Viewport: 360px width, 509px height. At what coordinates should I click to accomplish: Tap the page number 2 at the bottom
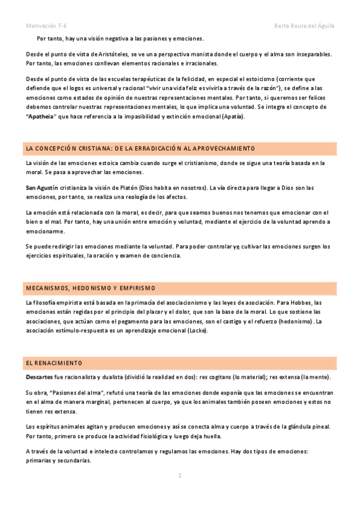(179, 475)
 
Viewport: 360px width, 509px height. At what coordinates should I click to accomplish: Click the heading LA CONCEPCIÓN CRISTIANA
(140, 148)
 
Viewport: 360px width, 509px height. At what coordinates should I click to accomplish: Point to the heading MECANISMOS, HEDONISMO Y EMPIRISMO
(91, 288)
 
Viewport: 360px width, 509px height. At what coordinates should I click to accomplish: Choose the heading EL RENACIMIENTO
(54, 363)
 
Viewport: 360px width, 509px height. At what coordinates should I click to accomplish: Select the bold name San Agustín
(41, 188)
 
